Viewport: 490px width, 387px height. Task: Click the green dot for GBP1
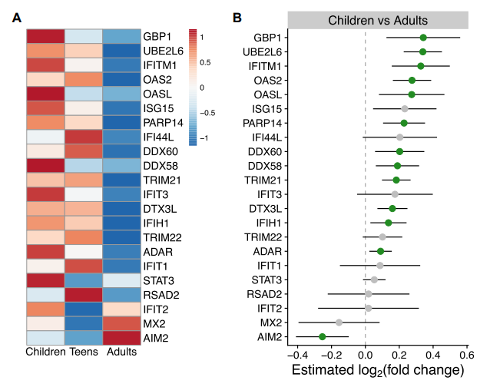(423, 37)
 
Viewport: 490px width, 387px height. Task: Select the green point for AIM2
(323, 336)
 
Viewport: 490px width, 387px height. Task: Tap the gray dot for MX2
(339, 322)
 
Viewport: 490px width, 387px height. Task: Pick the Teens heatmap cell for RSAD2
(83, 294)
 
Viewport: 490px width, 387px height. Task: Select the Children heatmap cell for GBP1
(45, 36)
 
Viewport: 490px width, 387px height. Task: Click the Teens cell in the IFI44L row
(83, 137)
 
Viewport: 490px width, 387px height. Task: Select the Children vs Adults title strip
(377, 20)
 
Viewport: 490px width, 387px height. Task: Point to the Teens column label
(83, 352)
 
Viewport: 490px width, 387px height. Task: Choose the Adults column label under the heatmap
(121, 352)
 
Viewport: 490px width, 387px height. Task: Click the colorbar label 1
(201, 35)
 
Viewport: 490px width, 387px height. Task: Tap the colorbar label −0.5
(207, 113)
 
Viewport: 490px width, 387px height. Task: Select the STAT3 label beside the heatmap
(159, 280)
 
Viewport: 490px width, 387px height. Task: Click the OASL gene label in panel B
(266, 94)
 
